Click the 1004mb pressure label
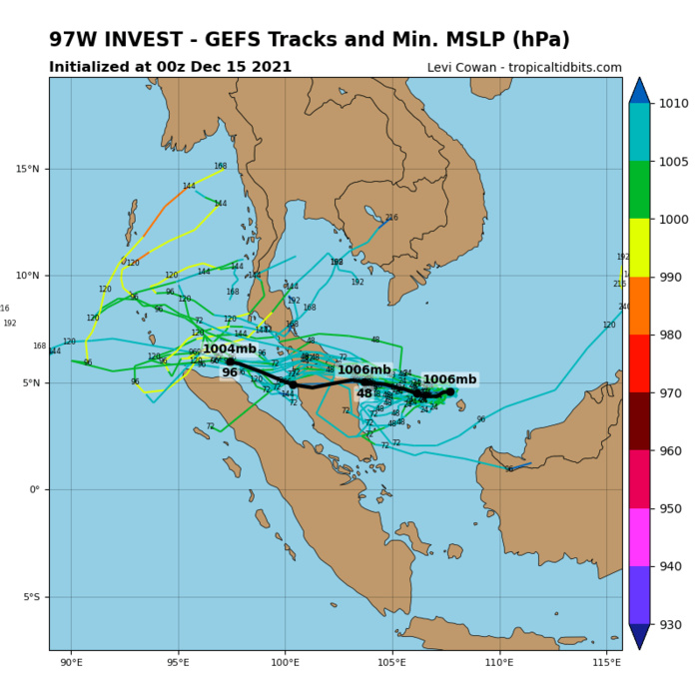[x=230, y=349]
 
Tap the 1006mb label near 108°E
[x=449, y=379]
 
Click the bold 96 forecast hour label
[x=230, y=372]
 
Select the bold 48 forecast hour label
[x=364, y=393]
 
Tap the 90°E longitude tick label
[x=71, y=661]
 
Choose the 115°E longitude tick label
[x=606, y=661]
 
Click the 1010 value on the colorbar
[x=676, y=103]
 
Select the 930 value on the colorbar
[x=676, y=625]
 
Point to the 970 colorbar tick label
[x=676, y=393]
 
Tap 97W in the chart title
[x=74, y=40]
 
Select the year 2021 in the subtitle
[x=270, y=67]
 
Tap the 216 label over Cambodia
[x=391, y=218]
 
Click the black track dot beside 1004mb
[x=230, y=361]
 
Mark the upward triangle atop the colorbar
[x=639, y=90]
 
